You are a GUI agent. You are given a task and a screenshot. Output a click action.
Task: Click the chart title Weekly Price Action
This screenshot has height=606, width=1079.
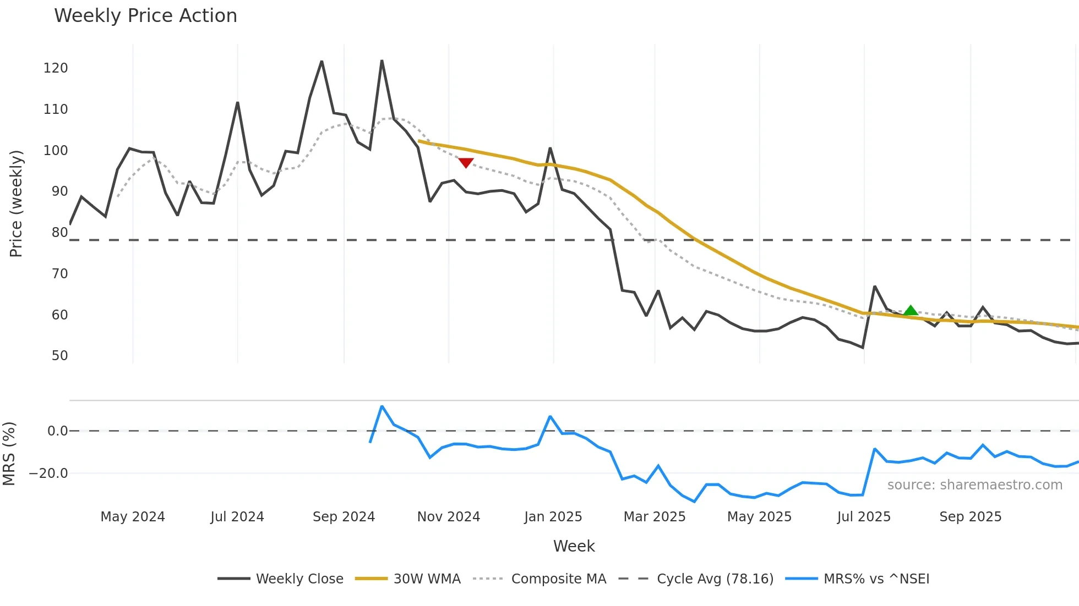click(145, 16)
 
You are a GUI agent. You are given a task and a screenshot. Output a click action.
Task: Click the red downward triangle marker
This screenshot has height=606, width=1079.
click(466, 163)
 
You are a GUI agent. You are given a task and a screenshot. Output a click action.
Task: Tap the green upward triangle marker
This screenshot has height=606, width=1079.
click(911, 311)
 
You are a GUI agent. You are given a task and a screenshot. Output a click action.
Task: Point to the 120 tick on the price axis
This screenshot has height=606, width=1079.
click(56, 68)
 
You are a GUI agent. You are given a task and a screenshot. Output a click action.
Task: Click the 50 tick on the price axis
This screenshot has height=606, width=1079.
click(59, 356)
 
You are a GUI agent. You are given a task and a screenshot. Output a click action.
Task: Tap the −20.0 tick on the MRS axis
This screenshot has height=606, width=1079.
click(48, 473)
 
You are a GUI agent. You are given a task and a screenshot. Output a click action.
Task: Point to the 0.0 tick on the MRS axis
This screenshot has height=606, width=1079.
click(57, 431)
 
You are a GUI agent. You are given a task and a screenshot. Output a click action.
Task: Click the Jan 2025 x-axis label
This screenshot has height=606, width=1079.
click(553, 517)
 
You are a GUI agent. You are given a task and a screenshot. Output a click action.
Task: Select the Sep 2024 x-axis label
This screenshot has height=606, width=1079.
click(344, 517)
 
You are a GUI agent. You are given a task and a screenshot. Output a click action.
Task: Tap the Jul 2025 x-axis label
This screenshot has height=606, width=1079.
click(863, 517)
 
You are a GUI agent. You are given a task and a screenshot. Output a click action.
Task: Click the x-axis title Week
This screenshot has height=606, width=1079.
click(574, 546)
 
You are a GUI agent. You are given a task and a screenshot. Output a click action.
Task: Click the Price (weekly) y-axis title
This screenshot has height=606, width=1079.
click(17, 203)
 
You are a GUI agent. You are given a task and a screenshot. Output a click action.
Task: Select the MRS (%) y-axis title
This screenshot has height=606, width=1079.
click(9, 454)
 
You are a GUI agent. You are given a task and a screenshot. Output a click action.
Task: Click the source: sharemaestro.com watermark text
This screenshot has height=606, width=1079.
click(974, 485)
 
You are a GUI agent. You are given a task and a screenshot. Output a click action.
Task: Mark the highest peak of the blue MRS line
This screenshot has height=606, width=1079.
click(382, 406)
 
